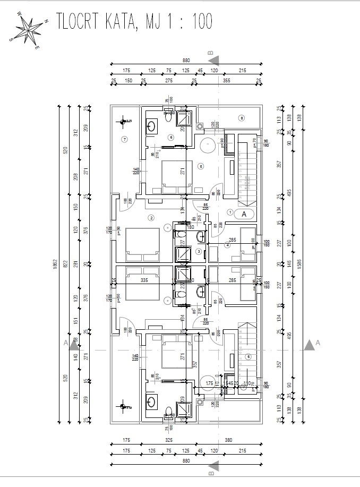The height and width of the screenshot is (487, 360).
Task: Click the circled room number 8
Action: pyautogui.click(x=241, y=117)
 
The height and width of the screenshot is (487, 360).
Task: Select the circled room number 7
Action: pyautogui.click(x=125, y=140)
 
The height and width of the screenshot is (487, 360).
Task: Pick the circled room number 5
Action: pyautogui.click(x=201, y=166)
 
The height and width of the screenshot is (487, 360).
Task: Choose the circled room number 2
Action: pyautogui.click(x=151, y=217)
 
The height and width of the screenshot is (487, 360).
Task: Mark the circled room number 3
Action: pyautogui.click(x=199, y=251)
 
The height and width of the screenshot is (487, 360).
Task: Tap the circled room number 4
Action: pyautogui.click(x=227, y=245)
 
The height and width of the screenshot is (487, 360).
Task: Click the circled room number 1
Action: pyautogui.click(x=230, y=211)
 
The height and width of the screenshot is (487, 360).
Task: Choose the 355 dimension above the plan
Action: pyautogui.click(x=227, y=80)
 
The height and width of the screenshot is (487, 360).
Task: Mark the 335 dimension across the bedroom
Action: pyautogui.click(x=143, y=280)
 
